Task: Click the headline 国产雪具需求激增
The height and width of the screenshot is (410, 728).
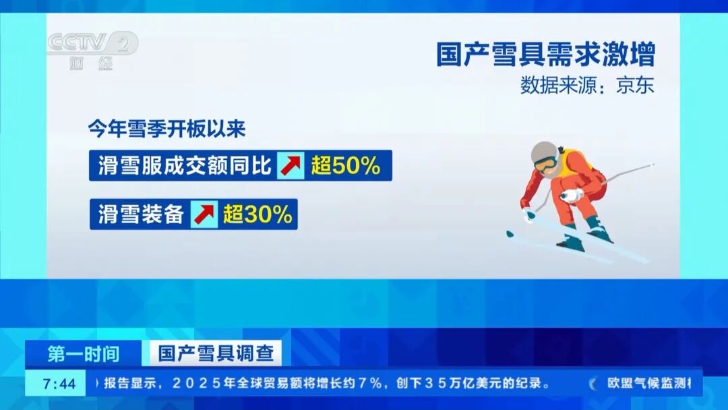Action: coord(545,55)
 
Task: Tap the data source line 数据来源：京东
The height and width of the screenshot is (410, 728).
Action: coord(586,86)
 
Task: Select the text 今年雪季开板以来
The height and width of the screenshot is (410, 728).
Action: coord(166,129)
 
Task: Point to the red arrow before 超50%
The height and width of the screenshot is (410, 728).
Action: coord(291,165)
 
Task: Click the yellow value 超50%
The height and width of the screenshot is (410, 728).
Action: coord(346,165)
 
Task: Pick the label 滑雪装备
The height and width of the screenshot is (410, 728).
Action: coord(140,214)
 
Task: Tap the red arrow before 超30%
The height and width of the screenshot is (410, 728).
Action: coord(204,214)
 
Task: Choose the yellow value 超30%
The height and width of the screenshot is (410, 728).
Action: coord(258,214)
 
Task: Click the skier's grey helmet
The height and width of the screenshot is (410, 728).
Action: coord(543,152)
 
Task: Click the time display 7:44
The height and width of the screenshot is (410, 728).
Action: coord(59,384)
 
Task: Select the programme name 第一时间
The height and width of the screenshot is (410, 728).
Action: coord(84,353)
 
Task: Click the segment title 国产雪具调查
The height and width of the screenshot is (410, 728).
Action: coord(211,353)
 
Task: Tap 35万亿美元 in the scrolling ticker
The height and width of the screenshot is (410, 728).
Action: coord(468,384)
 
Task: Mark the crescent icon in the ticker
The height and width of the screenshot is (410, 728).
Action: coord(593,384)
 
